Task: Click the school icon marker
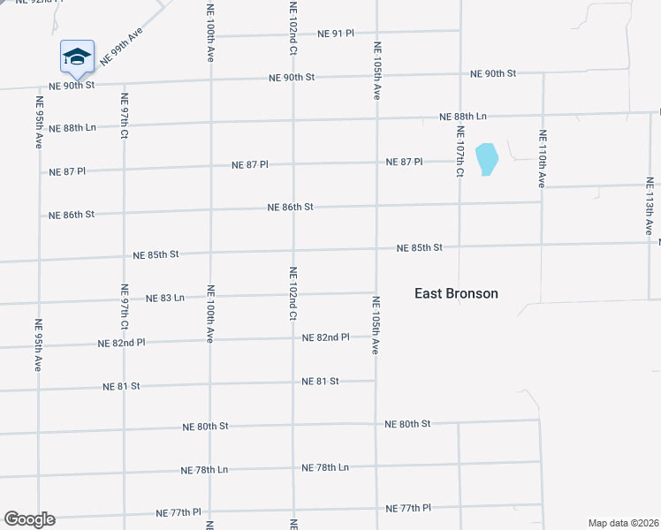tap(77, 57)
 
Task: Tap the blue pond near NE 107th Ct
tap(486, 159)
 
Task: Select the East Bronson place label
tap(456, 293)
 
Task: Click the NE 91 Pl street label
tap(335, 34)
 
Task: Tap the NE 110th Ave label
tap(542, 159)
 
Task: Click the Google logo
tap(29, 519)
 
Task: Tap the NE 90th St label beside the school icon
tap(72, 86)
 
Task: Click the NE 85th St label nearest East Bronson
tap(419, 248)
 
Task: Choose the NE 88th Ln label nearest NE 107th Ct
tap(463, 117)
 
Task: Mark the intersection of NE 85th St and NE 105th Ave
tap(376, 250)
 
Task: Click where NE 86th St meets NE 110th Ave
tap(542, 201)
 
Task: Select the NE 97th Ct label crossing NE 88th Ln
tap(125, 117)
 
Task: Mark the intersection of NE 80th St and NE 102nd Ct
tap(293, 425)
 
